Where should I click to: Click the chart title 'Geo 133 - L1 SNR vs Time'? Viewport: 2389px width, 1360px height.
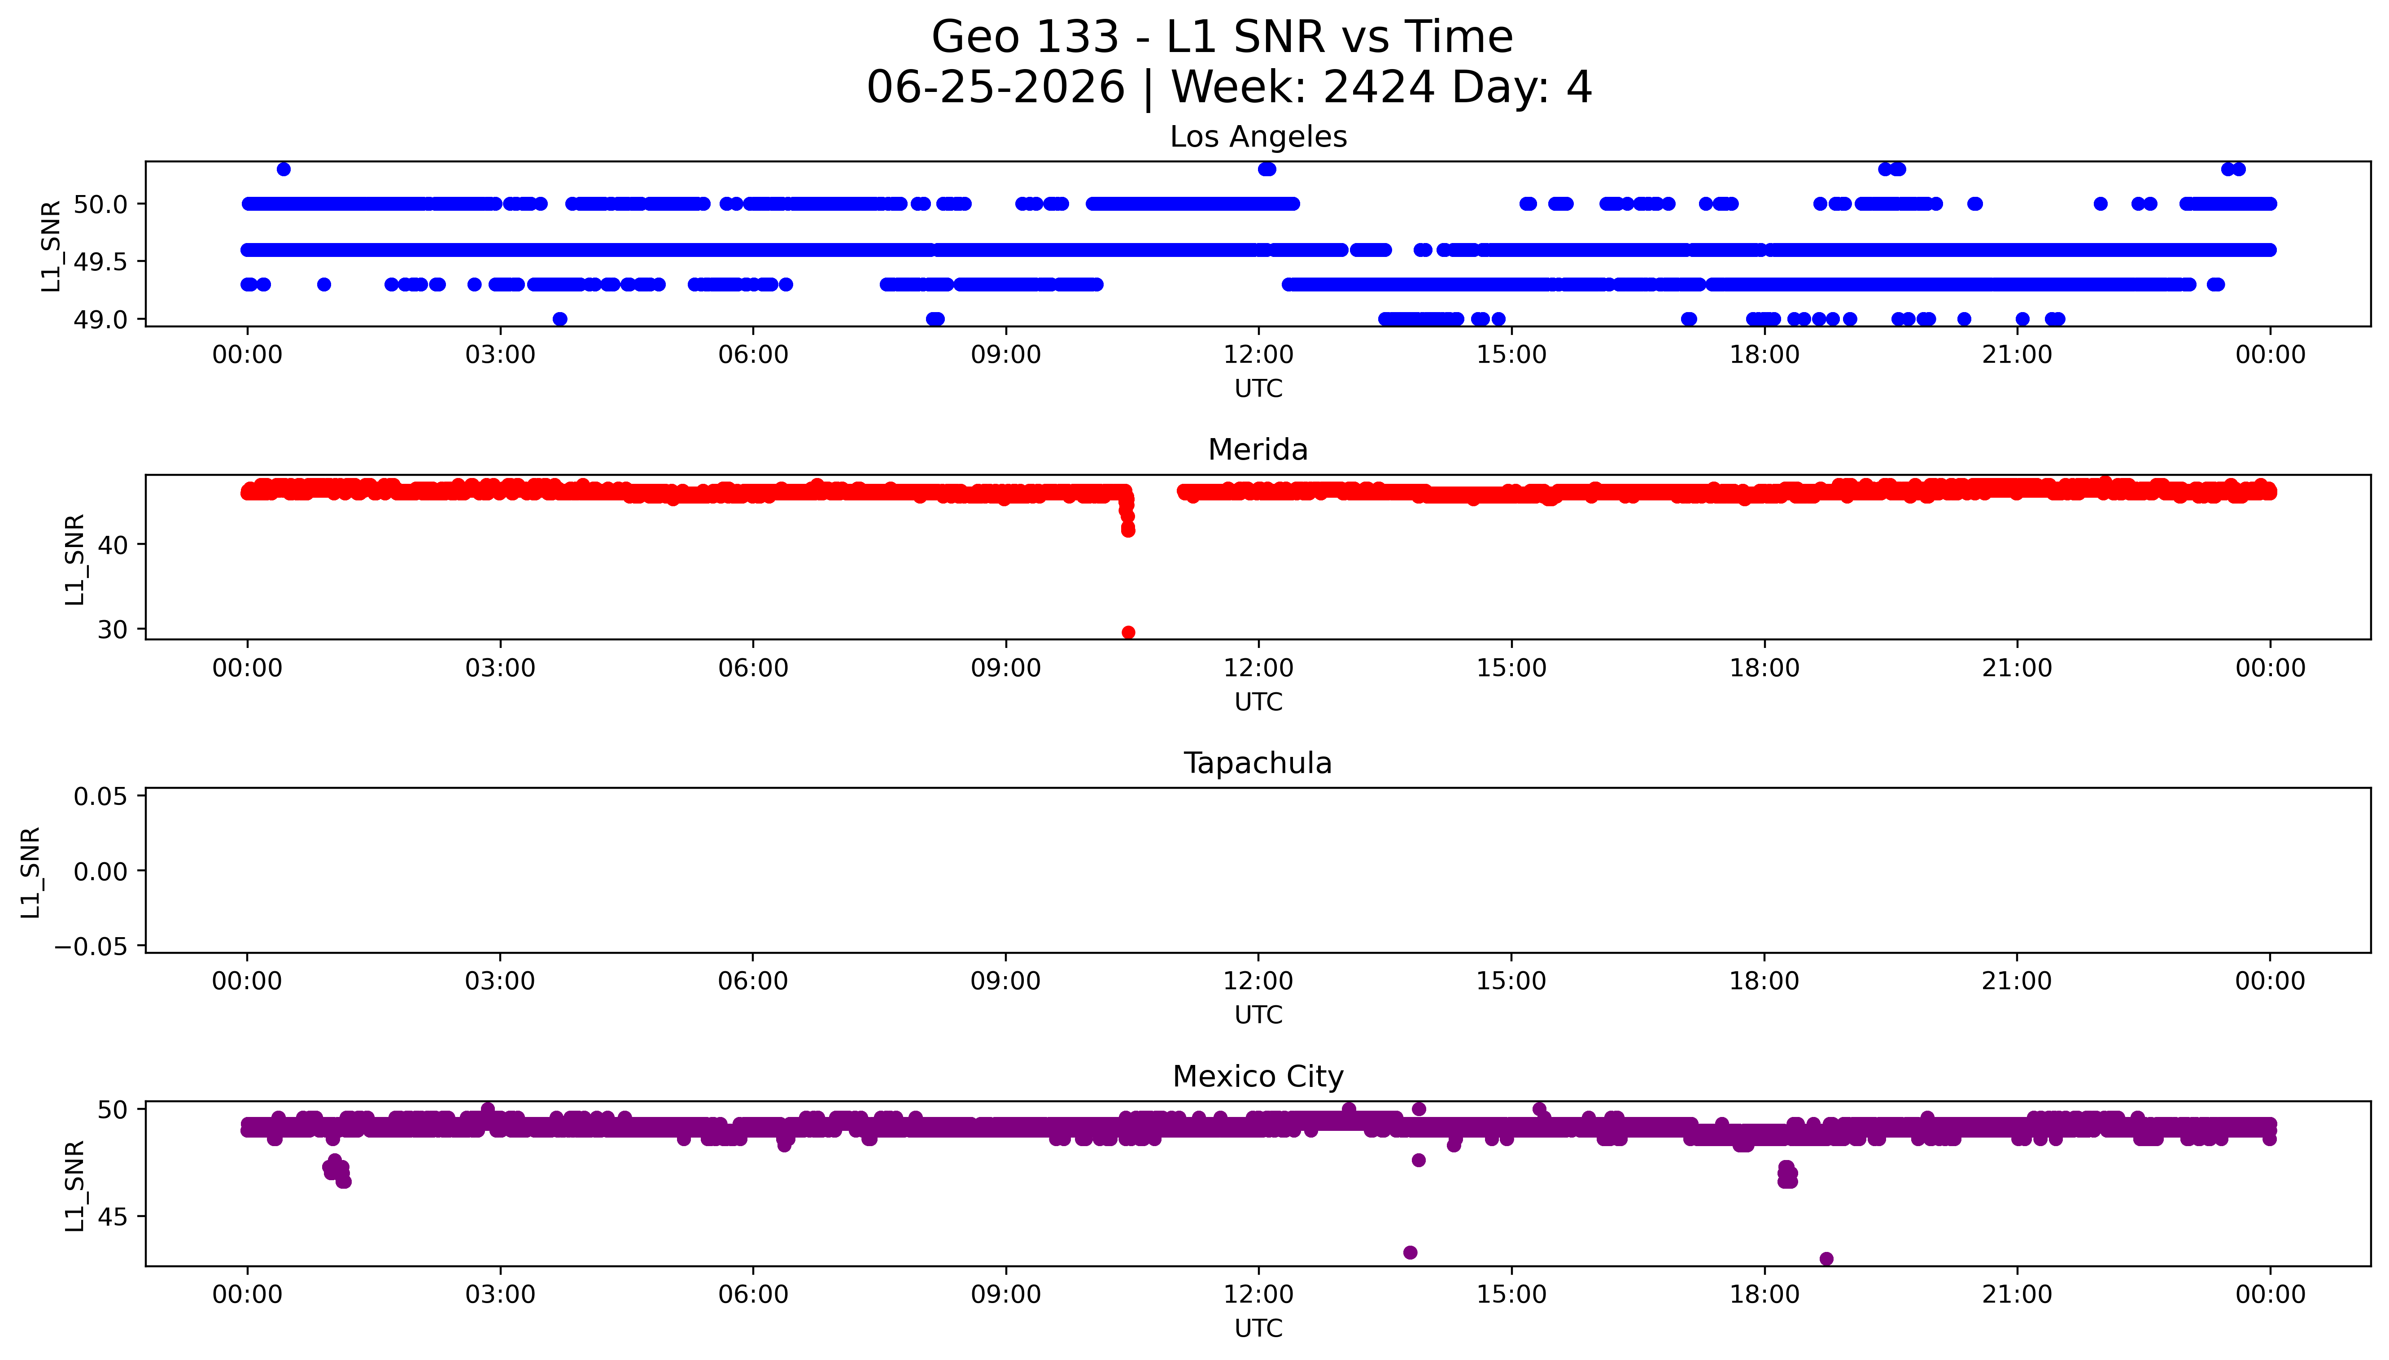1222,37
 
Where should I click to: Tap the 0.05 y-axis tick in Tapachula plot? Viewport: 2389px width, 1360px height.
101,796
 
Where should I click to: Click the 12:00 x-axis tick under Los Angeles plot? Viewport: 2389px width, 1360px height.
1258,355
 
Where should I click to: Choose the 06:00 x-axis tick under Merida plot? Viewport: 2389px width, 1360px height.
753,668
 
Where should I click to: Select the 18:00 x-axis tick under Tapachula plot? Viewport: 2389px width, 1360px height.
1764,981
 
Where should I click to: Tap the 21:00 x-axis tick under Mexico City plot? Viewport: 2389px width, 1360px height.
2017,1295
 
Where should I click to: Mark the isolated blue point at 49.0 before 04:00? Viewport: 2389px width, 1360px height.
559,318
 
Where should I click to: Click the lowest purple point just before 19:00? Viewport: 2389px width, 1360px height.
1826,1259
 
